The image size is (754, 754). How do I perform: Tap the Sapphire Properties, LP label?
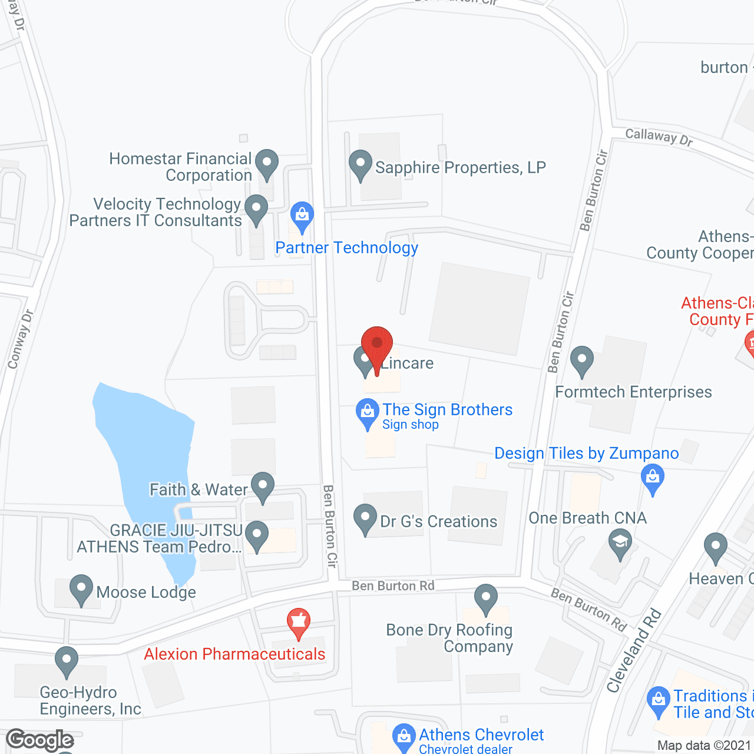point(460,168)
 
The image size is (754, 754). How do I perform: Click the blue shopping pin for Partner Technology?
point(302,216)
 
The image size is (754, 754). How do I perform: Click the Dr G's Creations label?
point(438,522)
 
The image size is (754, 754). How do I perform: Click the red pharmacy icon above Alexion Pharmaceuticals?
point(299,622)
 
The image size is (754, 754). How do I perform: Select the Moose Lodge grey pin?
point(81,589)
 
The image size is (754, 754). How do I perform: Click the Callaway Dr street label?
point(659,137)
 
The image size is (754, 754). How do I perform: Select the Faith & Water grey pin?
point(263,487)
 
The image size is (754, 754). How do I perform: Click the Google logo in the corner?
point(40,740)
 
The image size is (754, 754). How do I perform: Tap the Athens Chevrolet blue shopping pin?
point(404,736)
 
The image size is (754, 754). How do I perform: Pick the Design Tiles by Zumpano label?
point(586,454)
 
